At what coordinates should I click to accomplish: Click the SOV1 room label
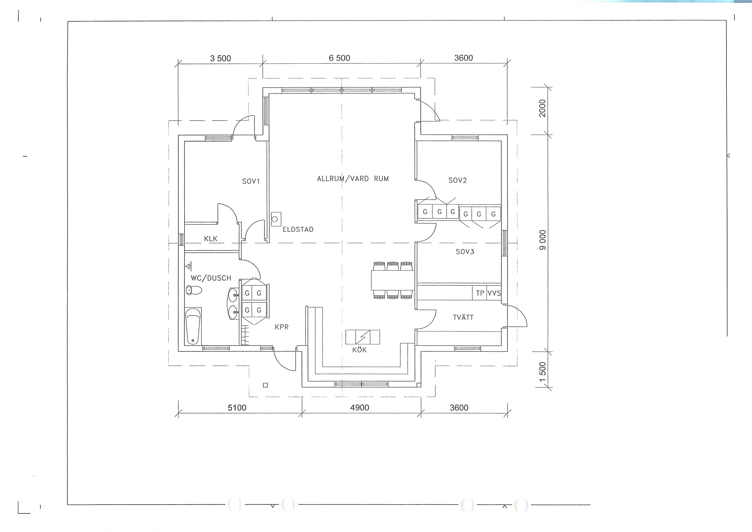(251, 181)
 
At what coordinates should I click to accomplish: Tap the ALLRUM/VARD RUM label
(353, 179)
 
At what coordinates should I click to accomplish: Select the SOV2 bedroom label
(458, 180)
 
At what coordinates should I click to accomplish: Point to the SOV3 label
(465, 252)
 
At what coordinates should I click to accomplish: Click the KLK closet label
(211, 239)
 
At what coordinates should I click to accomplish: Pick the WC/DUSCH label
(211, 278)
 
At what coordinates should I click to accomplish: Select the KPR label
(282, 327)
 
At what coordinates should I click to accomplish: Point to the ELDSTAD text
(298, 230)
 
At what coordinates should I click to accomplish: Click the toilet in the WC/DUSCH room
(194, 290)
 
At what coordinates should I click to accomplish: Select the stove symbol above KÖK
(363, 337)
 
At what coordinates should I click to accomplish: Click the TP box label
(480, 293)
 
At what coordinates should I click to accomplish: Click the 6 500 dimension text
(340, 58)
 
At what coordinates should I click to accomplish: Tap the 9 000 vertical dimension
(543, 240)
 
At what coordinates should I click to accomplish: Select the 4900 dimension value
(360, 408)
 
